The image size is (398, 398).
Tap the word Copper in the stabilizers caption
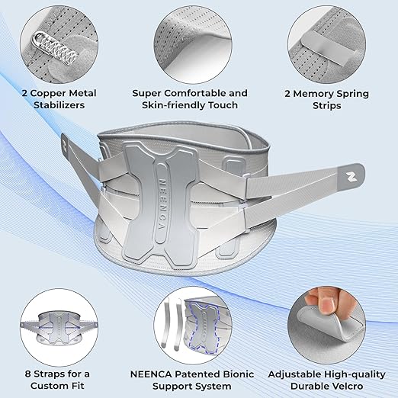point(65,94)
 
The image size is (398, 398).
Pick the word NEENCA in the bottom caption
point(149,352)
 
